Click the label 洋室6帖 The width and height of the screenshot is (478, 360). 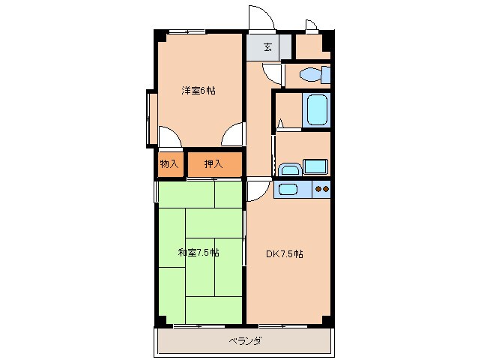(199, 91)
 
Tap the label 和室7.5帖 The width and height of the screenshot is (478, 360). (199, 253)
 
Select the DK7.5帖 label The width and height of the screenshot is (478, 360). (285, 253)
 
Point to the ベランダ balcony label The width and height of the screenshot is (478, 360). (245, 340)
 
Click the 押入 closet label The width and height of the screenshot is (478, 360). (214, 164)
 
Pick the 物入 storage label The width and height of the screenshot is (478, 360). (169, 164)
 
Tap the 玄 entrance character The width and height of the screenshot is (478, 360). (267, 47)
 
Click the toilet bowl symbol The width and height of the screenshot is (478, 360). (309, 74)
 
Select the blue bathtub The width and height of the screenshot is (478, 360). (317, 109)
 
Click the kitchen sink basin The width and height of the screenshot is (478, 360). (288, 190)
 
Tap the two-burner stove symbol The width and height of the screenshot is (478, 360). (322, 190)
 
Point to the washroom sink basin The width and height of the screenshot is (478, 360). (290, 169)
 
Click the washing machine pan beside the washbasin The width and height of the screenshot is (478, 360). (315, 166)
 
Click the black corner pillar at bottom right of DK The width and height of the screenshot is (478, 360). (327, 321)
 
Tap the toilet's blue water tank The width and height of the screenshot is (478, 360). (326, 75)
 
